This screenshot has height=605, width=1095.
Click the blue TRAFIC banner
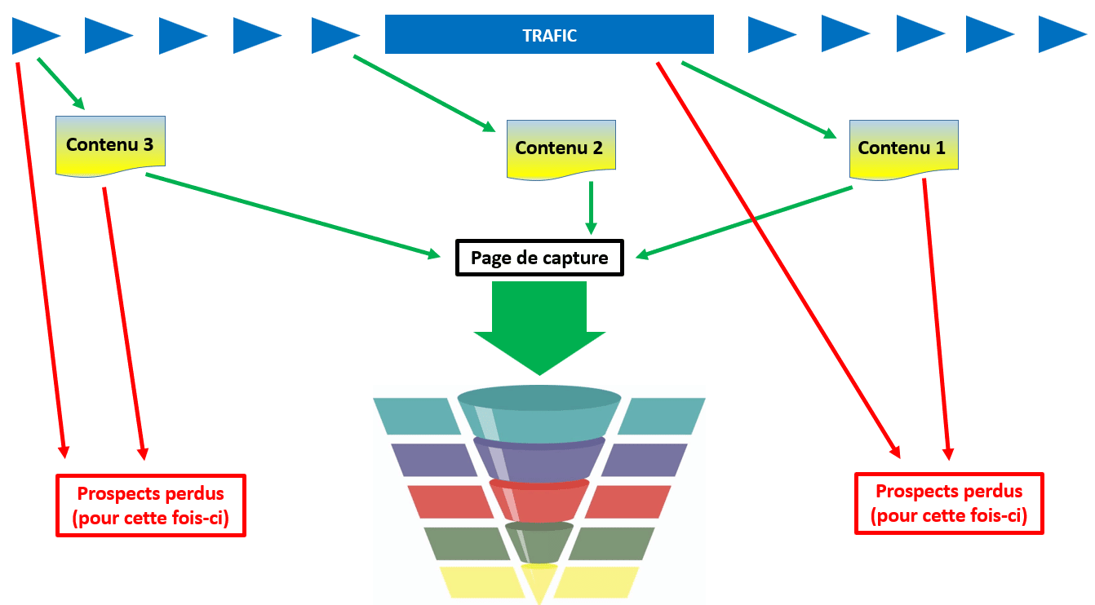click(x=549, y=35)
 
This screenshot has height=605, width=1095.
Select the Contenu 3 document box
click(x=110, y=145)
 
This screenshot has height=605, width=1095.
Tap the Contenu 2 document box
click(x=561, y=149)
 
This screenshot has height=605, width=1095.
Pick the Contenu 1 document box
click(x=903, y=148)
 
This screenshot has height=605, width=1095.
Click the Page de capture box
click(x=539, y=258)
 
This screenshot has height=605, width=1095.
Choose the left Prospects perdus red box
click(x=150, y=506)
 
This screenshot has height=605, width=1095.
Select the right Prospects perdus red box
click(x=949, y=504)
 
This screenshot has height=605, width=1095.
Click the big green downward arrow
click(x=539, y=326)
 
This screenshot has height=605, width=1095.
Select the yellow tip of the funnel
click(x=539, y=581)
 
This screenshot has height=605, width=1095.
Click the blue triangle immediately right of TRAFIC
click(x=769, y=35)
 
